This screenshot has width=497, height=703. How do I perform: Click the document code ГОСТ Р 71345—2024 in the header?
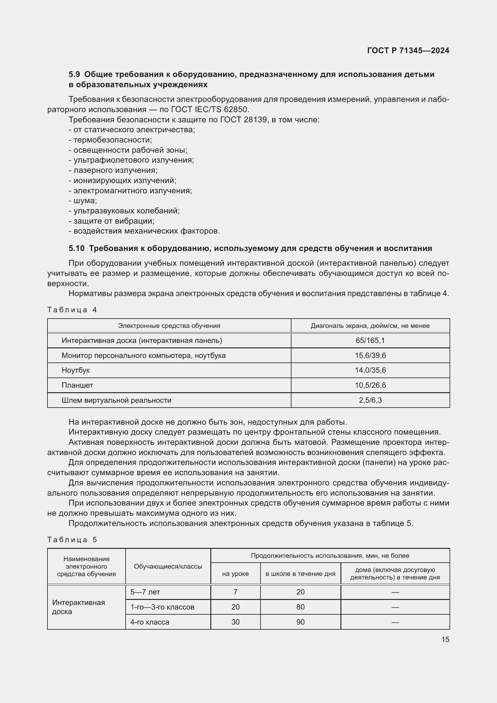point(408,50)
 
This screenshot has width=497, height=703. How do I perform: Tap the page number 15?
point(445,639)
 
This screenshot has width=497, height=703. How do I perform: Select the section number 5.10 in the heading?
point(76,248)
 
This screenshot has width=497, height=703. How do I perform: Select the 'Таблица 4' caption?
point(72,310)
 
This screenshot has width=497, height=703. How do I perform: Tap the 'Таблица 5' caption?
point(72,540)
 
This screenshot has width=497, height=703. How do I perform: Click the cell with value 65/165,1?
point(370,341)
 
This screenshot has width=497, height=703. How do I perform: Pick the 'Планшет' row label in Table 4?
point(77,385)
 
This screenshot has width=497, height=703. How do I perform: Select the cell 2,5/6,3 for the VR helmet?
point(370,400)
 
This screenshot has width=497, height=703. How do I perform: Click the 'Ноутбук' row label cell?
point(76,370)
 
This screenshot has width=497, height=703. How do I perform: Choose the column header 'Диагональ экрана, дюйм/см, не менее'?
point(370,326)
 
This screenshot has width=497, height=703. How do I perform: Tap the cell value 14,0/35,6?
point(370,370)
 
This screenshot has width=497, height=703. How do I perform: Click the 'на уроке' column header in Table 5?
point(235,574)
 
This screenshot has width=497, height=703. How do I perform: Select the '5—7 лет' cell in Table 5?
point(145,592)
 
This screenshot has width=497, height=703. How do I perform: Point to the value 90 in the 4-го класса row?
point(300,622)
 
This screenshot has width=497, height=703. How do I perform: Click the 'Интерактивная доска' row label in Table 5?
point(78,607)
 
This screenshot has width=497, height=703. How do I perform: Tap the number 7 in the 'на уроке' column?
point(235,592)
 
